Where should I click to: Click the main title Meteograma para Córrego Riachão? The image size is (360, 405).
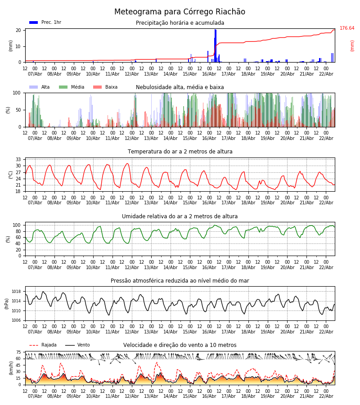[180, 12]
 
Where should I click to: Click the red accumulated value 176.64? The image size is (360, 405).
[347, 28]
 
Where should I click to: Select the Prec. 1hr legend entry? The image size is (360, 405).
[45, 22]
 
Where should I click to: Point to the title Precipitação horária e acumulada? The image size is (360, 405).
[180, 23]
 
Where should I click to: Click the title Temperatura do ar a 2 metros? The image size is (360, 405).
[180, 152]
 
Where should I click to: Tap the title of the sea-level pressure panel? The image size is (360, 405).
[180, 281]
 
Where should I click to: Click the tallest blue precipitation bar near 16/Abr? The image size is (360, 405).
[216, 45]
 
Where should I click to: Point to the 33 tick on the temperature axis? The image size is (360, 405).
[18, 160]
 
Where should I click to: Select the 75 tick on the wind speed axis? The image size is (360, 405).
[18, 352]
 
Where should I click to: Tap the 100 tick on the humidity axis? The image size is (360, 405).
[17, 225]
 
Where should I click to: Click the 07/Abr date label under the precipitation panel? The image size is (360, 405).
[35, 74]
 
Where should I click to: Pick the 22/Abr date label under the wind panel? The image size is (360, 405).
[326, 396]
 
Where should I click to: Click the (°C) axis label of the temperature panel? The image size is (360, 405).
[11, 175]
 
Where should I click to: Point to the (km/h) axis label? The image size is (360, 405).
[11, 368]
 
